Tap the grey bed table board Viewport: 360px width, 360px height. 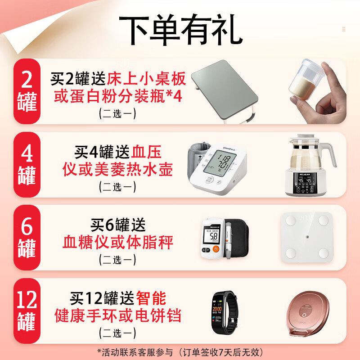[x=225, y=88]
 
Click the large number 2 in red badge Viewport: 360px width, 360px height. [x=27, y=80]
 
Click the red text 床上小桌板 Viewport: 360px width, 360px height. [x=146, y=80]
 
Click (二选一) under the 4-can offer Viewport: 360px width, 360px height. [x=118, y=186]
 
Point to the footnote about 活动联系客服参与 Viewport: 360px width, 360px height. [x=180, y=351]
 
